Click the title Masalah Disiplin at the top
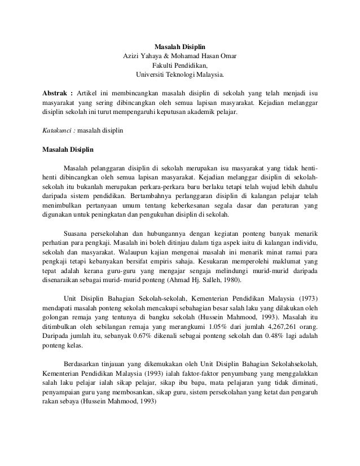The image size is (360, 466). point(180,46)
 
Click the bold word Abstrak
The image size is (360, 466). point(56,93)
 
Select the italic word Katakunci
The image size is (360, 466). point(57,130)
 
